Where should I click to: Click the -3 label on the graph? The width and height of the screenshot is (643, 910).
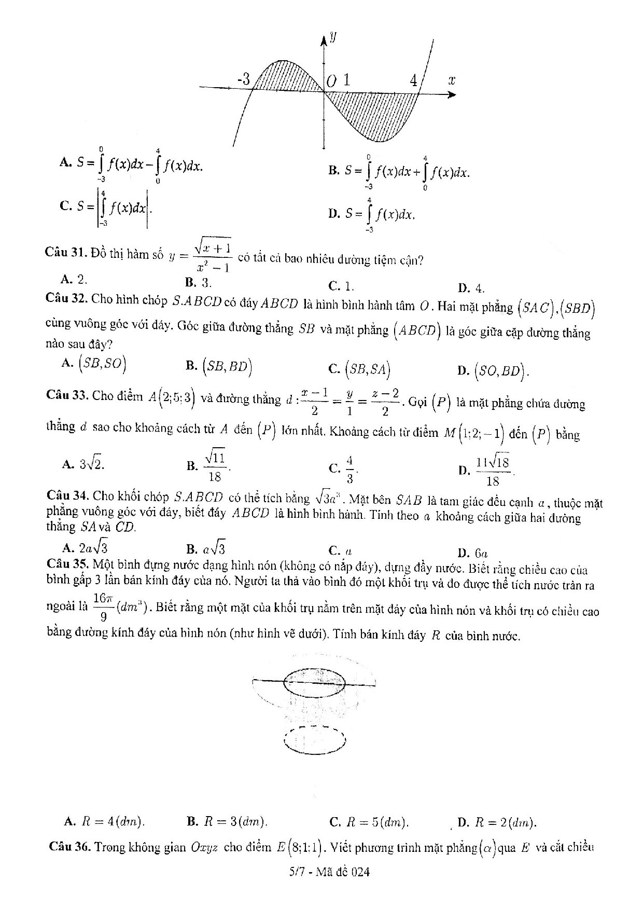tap(243, 79)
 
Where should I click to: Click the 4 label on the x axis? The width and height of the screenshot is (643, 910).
tap(413, 81)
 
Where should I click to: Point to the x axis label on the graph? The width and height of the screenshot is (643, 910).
tap(451, 80)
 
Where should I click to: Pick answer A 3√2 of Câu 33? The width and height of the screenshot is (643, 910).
tap(83, 464)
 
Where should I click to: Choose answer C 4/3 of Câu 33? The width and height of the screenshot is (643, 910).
tap(344, 467)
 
